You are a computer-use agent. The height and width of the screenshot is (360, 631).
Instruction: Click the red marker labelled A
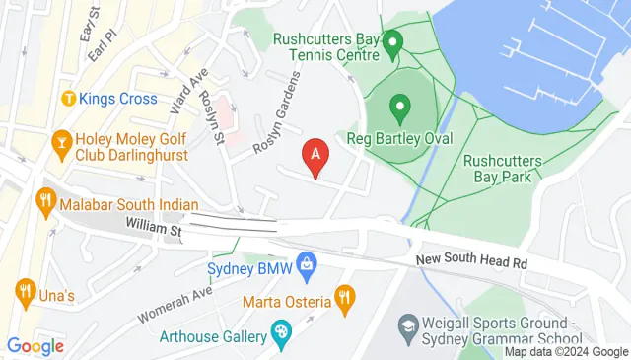tap(315, 155)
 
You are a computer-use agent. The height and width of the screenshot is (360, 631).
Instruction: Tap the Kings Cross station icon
tap(68, 99)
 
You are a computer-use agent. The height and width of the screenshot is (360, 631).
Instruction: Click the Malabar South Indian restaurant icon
tap(44, 202)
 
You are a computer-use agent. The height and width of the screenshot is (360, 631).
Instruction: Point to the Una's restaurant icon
tap(24, 289)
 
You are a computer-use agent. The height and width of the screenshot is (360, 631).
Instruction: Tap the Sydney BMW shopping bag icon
tap(307, 262)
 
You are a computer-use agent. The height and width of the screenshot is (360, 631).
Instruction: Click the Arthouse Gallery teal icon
tap(281, 331)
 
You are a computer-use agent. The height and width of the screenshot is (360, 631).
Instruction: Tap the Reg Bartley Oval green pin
tap(399, 105)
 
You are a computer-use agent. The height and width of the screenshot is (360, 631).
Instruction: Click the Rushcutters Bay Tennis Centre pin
tap(392, 43)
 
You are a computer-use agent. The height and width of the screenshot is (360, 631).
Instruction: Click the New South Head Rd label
tap(472, 263)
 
